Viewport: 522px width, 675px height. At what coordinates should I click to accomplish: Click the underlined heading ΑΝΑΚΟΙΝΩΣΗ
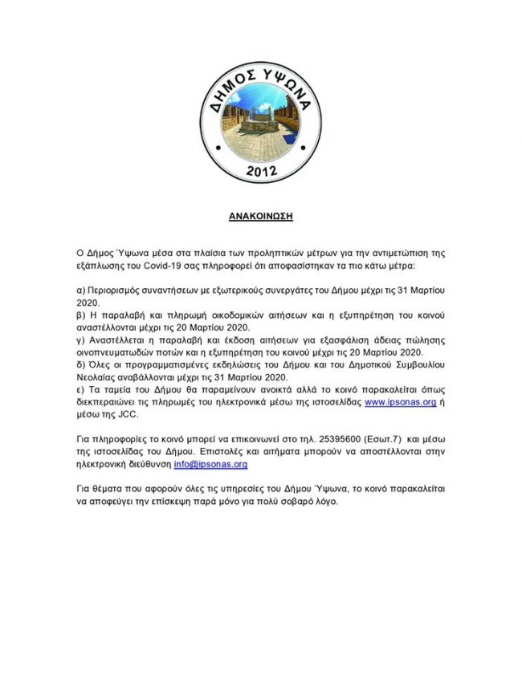260,217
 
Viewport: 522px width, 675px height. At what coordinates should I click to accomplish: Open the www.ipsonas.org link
400,402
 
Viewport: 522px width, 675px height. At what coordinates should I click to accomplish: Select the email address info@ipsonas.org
210,464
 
